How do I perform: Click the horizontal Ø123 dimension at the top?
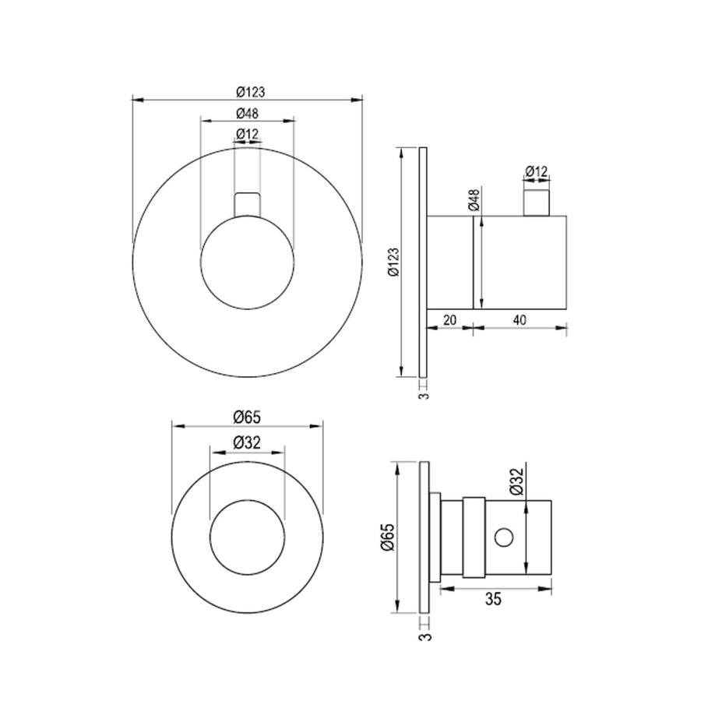point(248,92)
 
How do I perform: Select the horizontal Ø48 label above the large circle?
point(248,113)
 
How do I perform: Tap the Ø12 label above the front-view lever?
point(247,134)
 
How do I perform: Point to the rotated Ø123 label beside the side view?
point(393,262)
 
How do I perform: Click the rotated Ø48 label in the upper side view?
point(474,201)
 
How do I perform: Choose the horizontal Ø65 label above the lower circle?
point(247,417)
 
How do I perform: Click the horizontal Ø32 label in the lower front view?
point(247,442)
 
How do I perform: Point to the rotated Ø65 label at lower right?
point(390,538)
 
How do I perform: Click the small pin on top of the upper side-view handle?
point(536,201)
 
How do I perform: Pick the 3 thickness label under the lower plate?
point(423,636)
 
